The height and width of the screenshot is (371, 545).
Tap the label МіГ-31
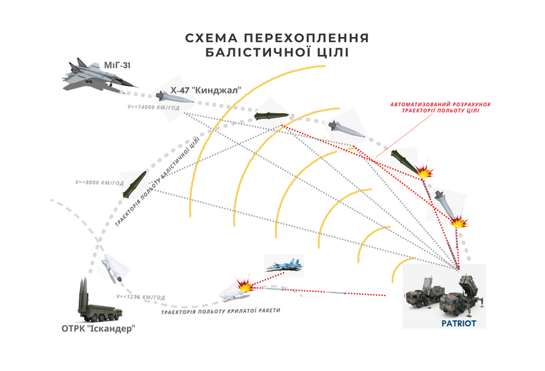(x=117, y=66)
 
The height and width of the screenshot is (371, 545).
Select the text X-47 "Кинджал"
(x=205, y=90)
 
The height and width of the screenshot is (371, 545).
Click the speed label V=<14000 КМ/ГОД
(x=153, y=108)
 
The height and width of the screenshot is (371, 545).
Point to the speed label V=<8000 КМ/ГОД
(x=99, y=182)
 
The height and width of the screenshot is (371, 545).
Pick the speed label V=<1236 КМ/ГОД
(x=141, y=297)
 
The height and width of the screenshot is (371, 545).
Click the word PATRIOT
(x=459, y=323)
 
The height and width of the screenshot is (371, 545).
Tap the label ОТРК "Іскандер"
(x=98, y=328)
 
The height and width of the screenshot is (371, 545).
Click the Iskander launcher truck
(x=99, y=301)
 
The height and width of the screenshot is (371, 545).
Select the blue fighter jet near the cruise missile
(x=285, y=266)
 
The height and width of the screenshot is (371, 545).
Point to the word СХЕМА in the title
(x=211, y=38)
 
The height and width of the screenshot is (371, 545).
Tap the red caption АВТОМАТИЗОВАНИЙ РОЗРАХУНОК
(x=440, y=105)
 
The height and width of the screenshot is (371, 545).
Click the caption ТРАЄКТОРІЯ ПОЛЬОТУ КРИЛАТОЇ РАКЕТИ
(x=220, y=311)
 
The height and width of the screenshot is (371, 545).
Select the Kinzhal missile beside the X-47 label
(x=174, y=97)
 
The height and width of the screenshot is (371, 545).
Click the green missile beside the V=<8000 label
(x=134, y=184)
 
